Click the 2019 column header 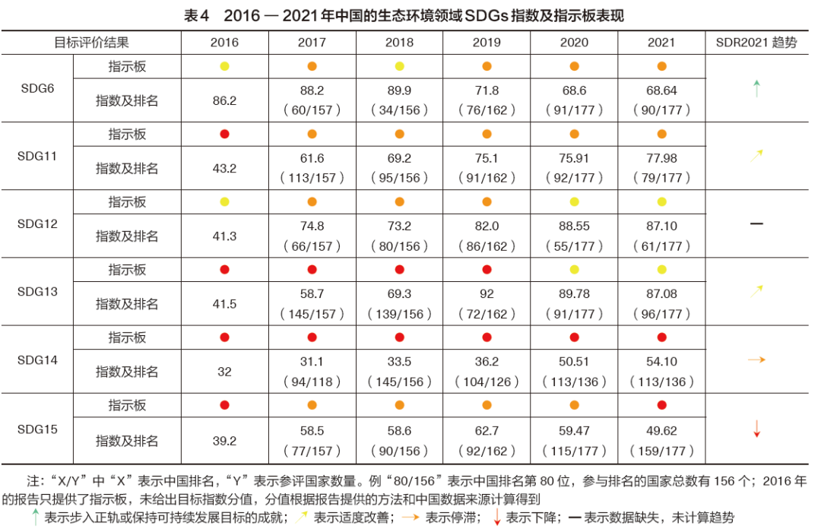487,43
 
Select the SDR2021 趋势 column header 756,43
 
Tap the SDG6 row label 36,88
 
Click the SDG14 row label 36,360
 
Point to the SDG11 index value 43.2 224,168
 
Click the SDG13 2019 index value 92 487,294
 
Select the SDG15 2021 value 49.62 661,429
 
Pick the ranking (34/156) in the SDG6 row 399,110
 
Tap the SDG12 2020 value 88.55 574,226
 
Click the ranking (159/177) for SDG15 661,451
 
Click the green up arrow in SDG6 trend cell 756,88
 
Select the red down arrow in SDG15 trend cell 756,428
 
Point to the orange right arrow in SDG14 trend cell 756,360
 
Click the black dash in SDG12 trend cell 756,224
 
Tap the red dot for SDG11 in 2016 224,135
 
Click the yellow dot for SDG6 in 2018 399,67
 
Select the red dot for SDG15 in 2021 661,405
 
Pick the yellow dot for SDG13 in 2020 574,270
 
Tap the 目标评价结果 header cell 91,43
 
